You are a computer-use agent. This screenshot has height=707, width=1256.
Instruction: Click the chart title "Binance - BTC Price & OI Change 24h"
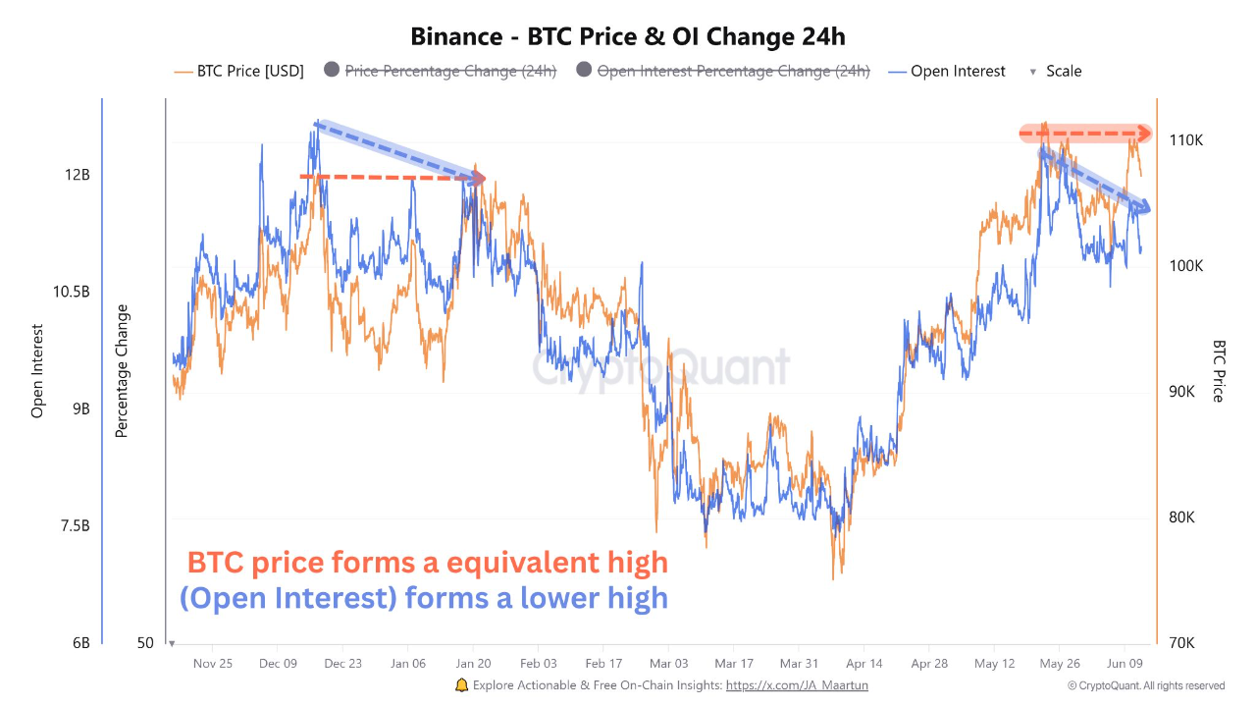coord(628,36)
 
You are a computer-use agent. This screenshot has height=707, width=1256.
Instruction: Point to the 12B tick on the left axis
coord(78,174)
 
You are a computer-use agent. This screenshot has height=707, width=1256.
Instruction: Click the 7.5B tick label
coord(75,526)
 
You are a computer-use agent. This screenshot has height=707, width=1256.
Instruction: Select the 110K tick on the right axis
coord(1186,140)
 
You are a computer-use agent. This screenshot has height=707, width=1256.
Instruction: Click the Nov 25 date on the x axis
coord(213,663)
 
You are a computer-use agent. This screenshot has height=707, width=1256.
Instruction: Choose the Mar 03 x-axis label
coord(667,663)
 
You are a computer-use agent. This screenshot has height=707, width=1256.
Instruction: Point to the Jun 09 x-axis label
coord(1122,663)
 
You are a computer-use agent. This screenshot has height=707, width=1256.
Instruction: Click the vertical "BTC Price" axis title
coord(1219,371)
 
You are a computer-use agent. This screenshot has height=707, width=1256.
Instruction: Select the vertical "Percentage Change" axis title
coord(122,371)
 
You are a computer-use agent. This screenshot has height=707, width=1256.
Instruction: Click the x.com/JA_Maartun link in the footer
coord(797,685)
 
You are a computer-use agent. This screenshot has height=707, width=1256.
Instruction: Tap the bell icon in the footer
coord(462,684)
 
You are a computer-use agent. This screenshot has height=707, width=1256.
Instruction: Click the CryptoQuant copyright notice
coord(1145,685)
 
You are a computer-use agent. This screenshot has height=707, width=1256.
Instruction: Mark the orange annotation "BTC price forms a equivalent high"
coord(427,563)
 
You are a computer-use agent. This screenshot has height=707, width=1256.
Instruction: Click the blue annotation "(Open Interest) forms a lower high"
coord(423,597)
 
